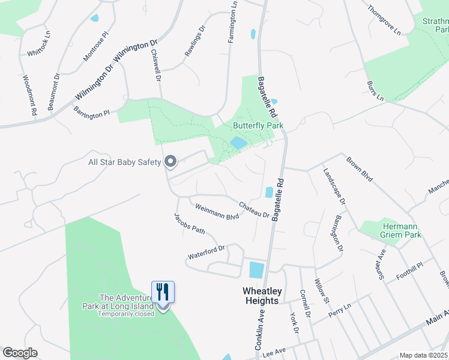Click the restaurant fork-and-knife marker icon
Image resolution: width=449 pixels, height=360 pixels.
tap(163, 292)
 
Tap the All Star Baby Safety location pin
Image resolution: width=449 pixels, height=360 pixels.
tap(170, 161)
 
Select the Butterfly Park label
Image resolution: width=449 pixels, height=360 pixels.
tap(258, 126)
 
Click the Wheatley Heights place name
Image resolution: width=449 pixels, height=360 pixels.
tap(261, 295)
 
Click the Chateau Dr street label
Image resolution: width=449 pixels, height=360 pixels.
tap(255, 209)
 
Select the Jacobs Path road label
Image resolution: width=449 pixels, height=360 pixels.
tap(190, 224)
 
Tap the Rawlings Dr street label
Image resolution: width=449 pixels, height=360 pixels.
tap(195, 40)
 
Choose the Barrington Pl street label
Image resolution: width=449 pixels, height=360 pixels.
tap(91, 111)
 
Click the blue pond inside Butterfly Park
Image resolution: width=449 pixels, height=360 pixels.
tap(238, 143)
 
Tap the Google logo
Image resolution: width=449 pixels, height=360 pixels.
tap(20, 353)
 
